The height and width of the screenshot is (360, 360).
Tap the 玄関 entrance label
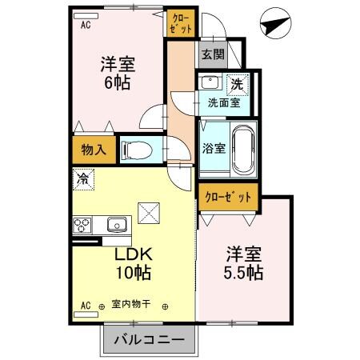[x=212, y=54]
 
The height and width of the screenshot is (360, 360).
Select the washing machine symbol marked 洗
[x=237, y=83]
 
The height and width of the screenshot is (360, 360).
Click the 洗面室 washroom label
[x=223, y=102]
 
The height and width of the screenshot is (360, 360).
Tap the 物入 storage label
[x=93, y=149]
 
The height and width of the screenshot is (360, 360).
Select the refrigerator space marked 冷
[x=82, y=181]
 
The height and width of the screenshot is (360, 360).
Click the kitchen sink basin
[x=117, y=224]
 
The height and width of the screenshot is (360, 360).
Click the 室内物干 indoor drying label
[x=133, y=306]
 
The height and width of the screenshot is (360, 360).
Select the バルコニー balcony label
[x=148, y=339]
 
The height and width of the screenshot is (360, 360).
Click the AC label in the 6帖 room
[x=84, y=24]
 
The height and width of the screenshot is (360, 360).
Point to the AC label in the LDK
[x=85, y=306]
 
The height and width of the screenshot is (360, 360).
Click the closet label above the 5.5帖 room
[x=228, y=196]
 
